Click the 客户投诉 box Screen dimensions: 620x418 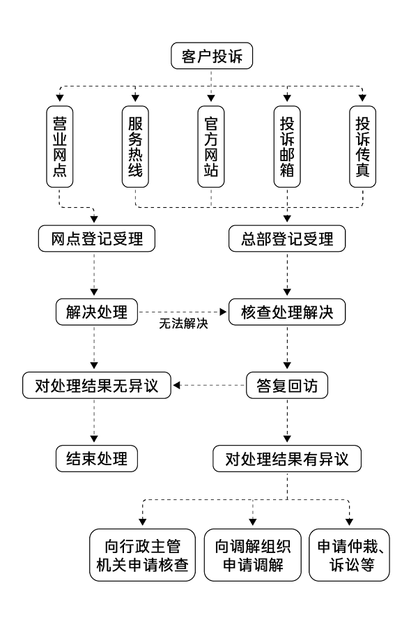click(x=210, y=56)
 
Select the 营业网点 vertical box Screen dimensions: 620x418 click(x=60, y=146)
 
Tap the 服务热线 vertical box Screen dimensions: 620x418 click(x=135, y=146)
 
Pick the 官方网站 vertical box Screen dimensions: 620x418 click(x=210, y=146)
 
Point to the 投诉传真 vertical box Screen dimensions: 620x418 click(x=362, y=146)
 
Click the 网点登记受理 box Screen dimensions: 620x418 click(x=95, y=239)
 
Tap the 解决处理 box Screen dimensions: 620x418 click(x=95, y=312)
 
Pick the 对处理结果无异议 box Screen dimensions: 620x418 click(x=95, y=385)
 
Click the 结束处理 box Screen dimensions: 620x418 click(x=95, y=459)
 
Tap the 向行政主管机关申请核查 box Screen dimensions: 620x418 click(x=144, y=555)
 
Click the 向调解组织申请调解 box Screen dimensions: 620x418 click(x=251, y=555)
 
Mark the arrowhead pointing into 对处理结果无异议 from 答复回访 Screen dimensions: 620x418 click(x=177, y=385)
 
